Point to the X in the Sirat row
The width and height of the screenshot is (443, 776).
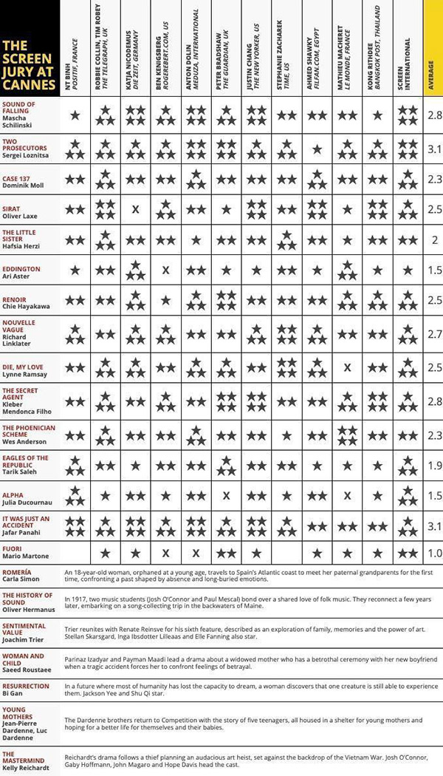click(x=135, y=210)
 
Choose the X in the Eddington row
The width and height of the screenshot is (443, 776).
click(x=165, y=270)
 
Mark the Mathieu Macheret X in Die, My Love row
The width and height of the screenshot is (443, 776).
click(x=347, y=367)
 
